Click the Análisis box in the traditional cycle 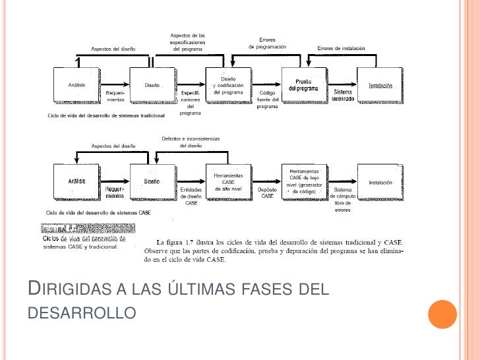(x=76, y=85)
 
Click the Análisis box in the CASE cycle (x=76, y=182)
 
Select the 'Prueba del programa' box (x=304, y=84)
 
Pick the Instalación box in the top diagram (x=380, y=85)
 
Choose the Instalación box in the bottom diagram (x=380, y=183)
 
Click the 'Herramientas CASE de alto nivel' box (x=228, y=182)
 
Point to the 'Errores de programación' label (x=267, y=43)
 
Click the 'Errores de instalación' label (x=341, y=48)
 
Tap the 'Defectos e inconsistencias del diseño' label (x=191, y=142)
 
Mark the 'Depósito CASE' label (x=267, y=193)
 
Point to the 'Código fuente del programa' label (x=267, y=100)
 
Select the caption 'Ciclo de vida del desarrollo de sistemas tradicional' (x=105, y=115)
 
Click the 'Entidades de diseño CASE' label (x=191, y=196)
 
